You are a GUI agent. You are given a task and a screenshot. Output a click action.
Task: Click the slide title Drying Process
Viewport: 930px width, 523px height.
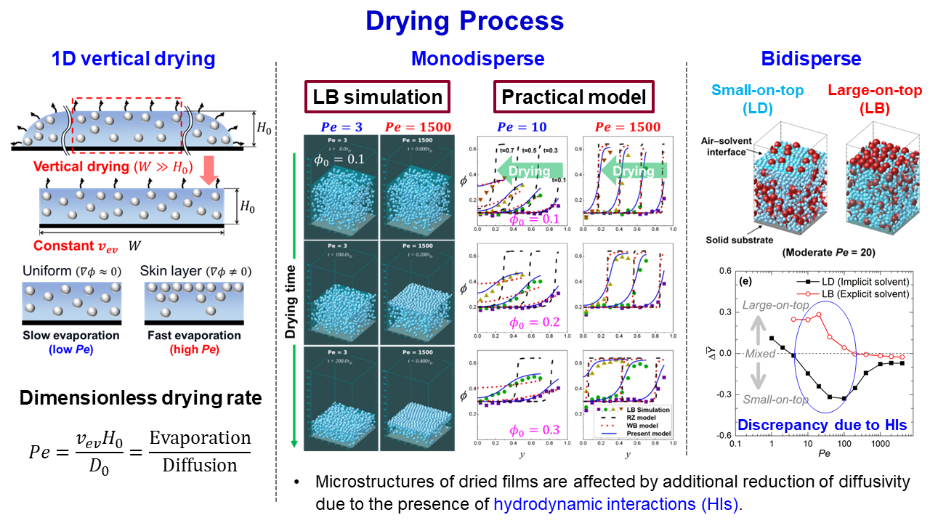464,20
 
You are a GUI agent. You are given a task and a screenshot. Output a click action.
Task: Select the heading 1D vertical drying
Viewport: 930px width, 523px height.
133,59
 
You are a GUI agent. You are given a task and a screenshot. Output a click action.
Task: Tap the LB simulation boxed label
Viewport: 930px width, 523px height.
377,97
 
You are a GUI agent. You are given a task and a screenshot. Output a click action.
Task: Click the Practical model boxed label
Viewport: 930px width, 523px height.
574,97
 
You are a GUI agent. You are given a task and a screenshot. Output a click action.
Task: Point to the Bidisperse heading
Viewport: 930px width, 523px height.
811,59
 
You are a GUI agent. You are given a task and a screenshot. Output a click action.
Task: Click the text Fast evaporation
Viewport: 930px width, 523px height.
194,336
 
